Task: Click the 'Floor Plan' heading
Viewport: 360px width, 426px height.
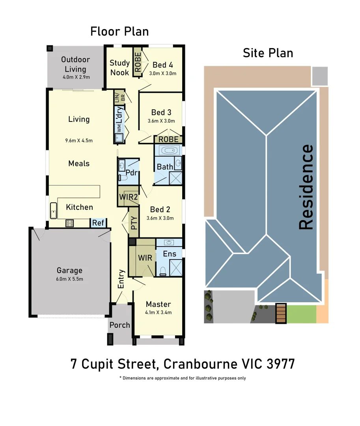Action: click(119, 31)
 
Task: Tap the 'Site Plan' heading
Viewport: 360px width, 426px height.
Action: click(268, 53)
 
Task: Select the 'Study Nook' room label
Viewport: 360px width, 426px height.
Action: click(119, 67)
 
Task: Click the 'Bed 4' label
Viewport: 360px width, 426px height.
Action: click(162, 65)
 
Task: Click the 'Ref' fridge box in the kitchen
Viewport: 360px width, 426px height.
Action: click(98, 223)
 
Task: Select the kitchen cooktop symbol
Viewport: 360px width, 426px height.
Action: click(70, 223)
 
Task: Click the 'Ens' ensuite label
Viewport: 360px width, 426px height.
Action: click(170, 254)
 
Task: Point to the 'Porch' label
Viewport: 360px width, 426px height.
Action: click(119, 325)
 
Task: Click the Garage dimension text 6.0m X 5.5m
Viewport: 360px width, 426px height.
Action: click(69, 279)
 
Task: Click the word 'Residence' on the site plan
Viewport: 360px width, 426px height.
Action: click(306, 187)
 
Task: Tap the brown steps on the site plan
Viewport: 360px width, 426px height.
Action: click(280, 314)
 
